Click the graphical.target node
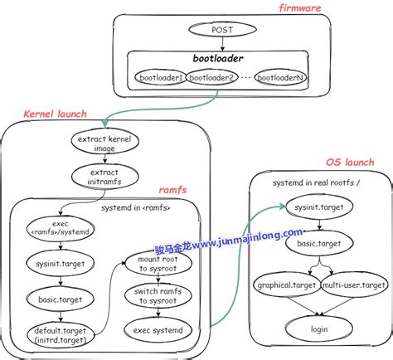coord(285,285)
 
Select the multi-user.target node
coord(353,285)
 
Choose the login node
coord(319,329)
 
